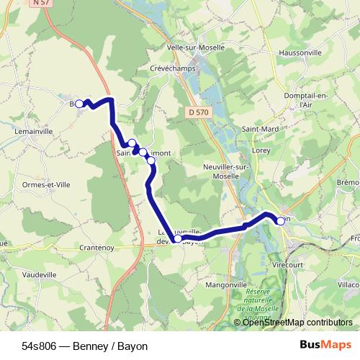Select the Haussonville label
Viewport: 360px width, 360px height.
(294, 53)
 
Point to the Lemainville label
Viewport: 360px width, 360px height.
(28, 132)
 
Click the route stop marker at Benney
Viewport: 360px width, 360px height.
(79, 104)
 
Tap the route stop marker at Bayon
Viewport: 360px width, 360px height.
(280, 221)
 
